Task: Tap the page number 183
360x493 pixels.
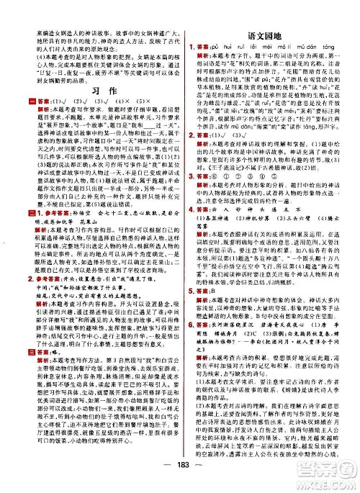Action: click(x=180, y=481)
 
